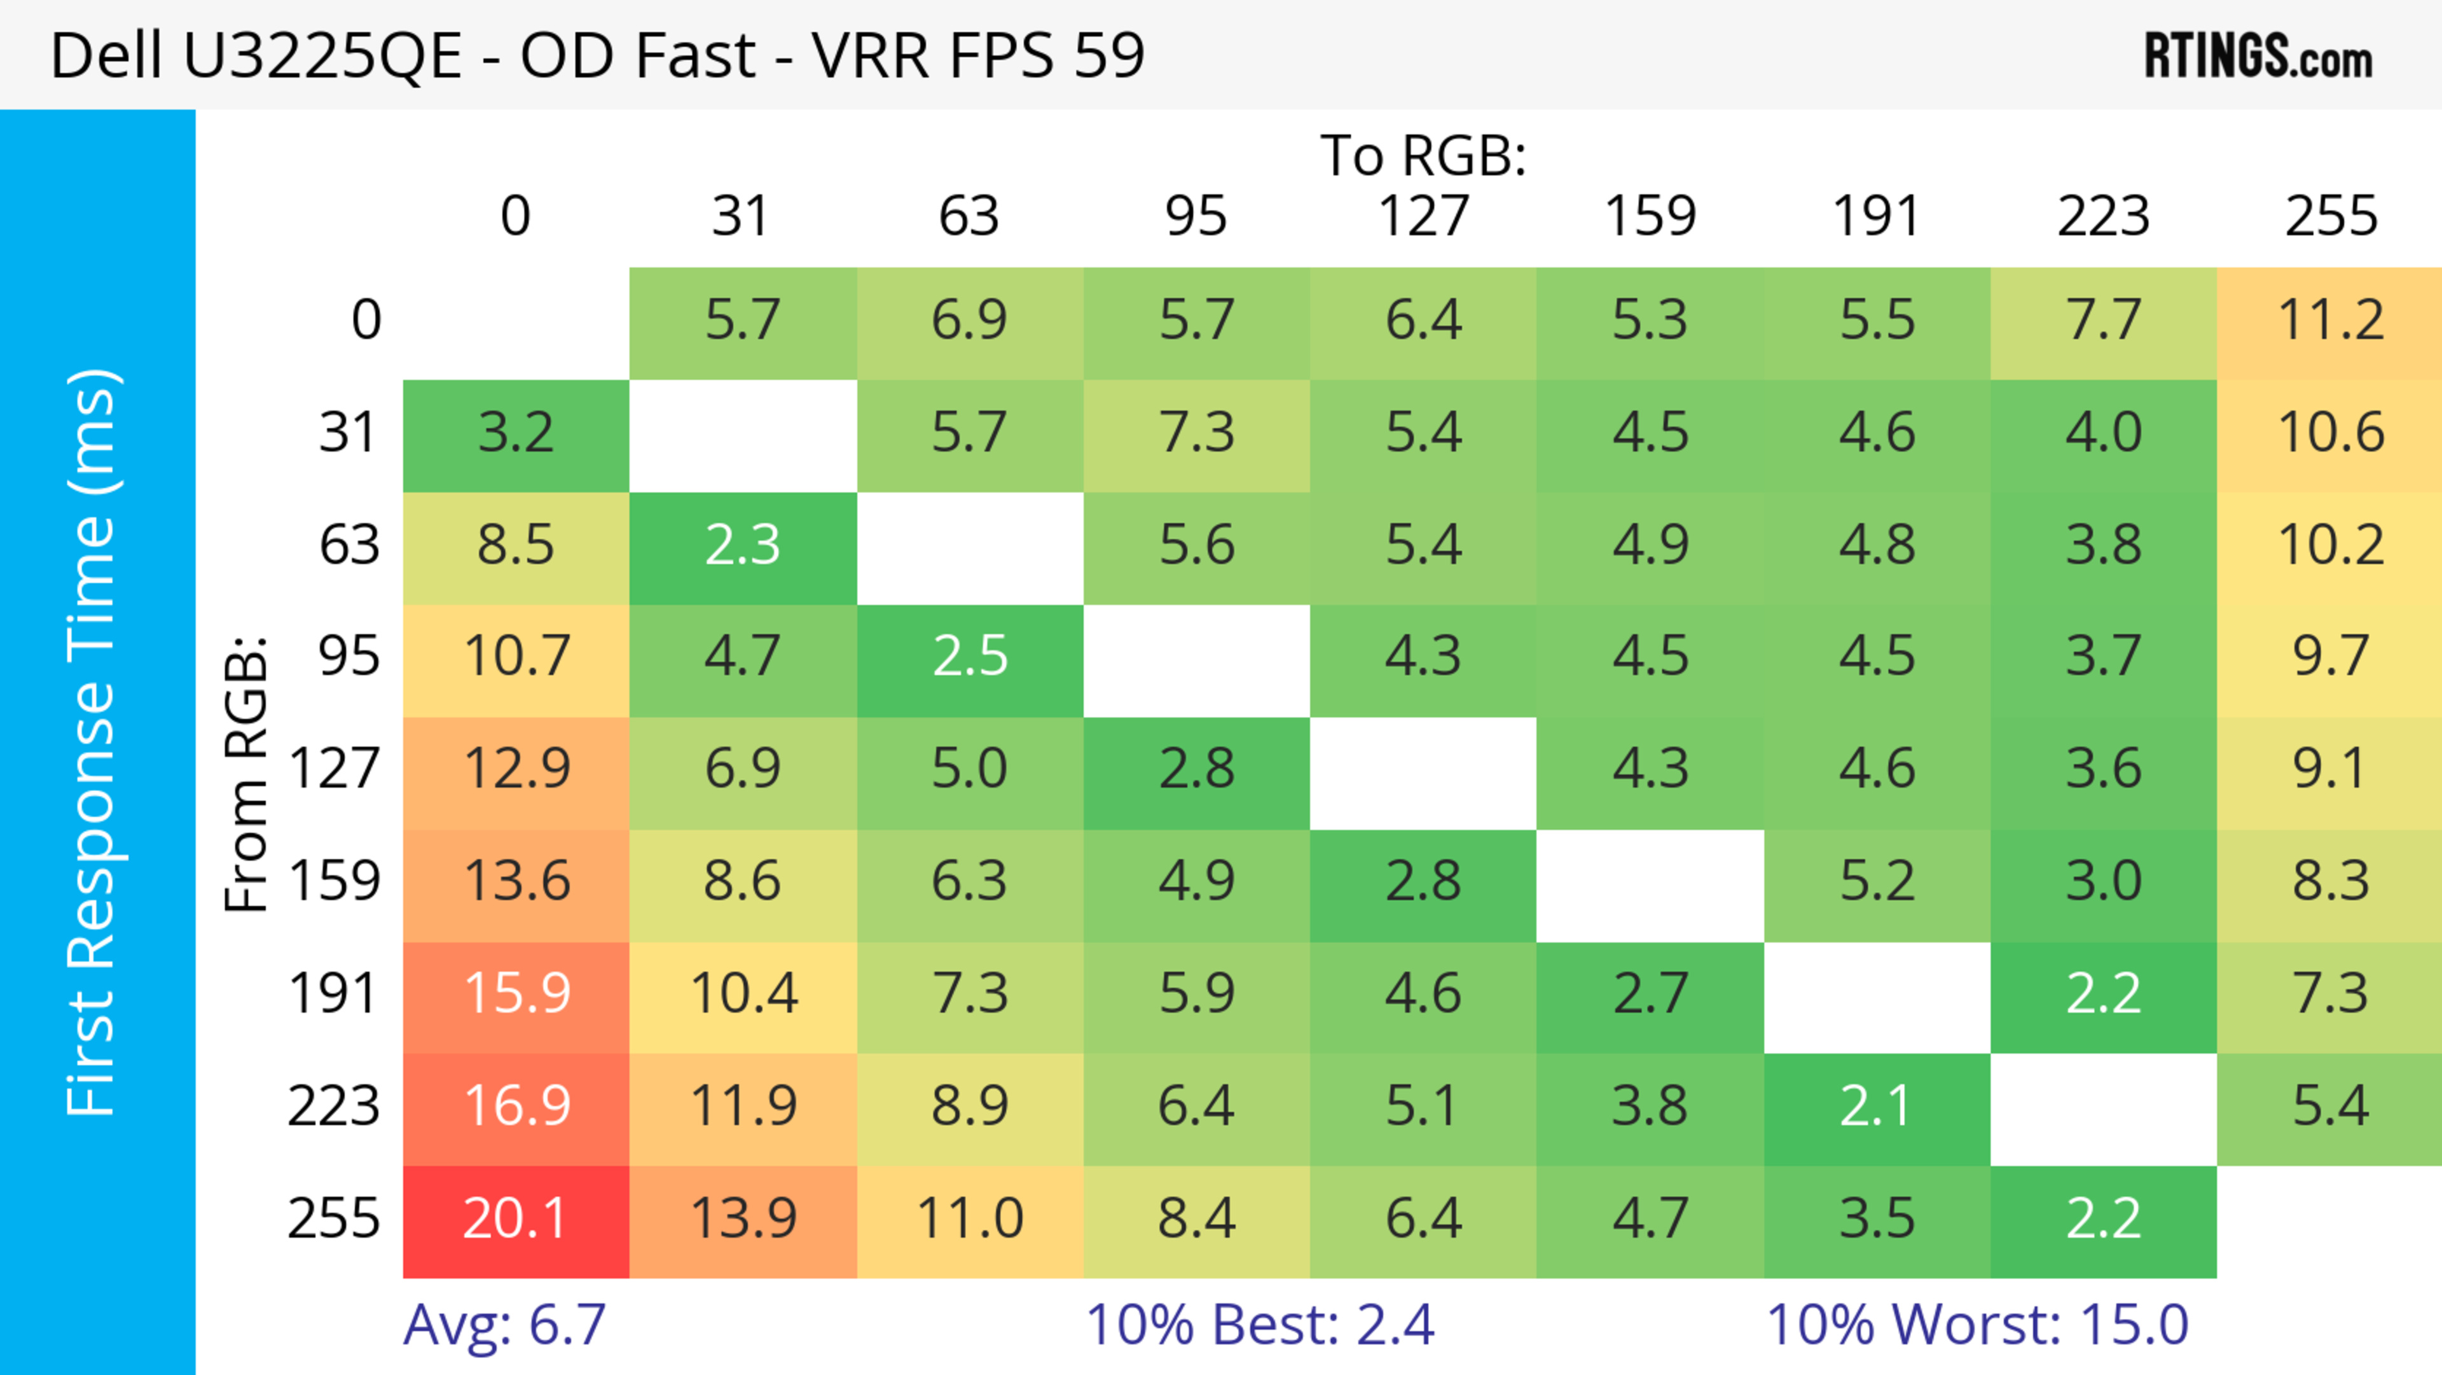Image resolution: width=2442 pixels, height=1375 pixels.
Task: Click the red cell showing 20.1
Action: [516, 1220]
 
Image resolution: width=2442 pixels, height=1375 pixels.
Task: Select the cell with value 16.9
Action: [516, 1108]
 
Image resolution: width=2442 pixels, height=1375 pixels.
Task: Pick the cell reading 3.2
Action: [516, 435]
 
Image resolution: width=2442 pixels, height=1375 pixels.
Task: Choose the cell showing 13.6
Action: [516, 883]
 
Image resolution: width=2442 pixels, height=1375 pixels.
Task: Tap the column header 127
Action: [1423, 216]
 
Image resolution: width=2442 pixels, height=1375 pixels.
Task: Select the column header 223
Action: [2102, 216]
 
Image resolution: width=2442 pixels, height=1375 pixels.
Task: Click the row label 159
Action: [335, 881]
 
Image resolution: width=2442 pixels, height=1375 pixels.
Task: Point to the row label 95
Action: [349, 656]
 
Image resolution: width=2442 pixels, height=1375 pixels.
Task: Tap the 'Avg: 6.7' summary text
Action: [504, 1325]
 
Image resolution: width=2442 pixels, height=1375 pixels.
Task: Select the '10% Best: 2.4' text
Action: [1260, 1325]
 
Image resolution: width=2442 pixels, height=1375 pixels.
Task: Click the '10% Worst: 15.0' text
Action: [1978, 1325]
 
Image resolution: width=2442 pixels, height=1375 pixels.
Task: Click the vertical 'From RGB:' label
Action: [247, 774]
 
